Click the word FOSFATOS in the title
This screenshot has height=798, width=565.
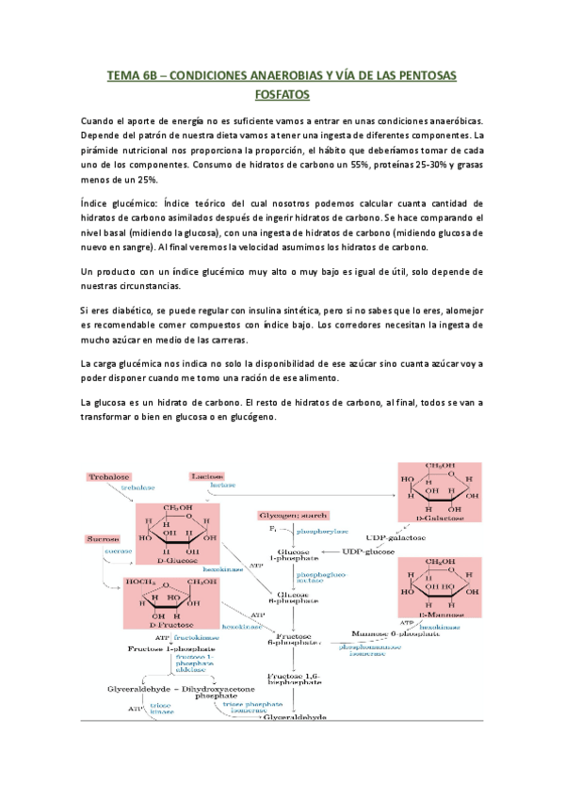point(282,95)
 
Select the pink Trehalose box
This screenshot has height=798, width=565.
point(109,477)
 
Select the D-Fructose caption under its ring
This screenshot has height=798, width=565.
point(170,649)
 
